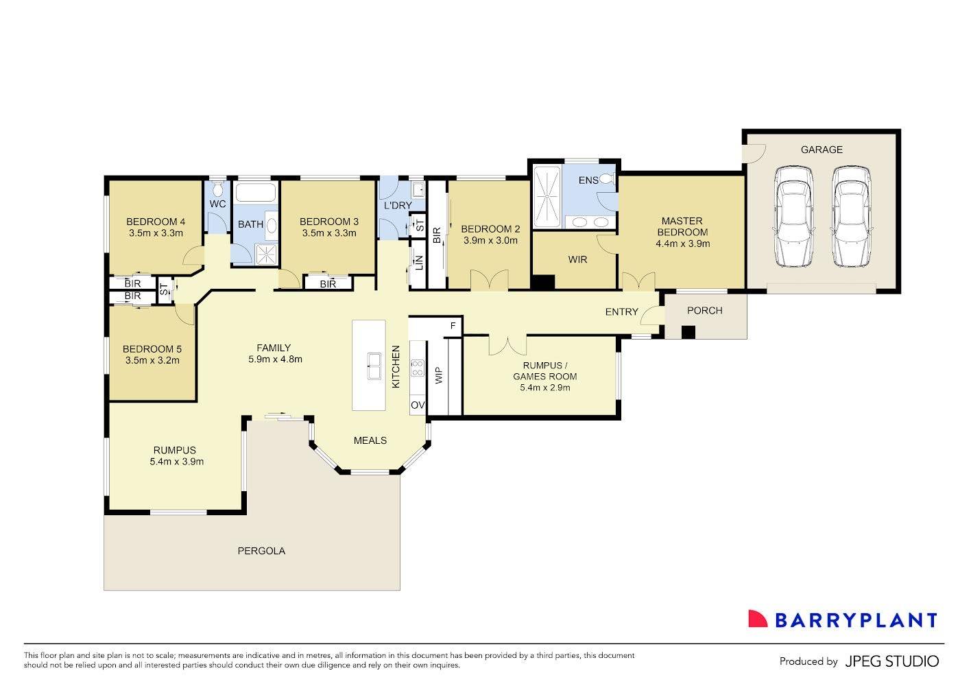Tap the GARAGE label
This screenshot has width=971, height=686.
pos(821,150)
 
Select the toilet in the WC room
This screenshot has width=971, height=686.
pos(217,189)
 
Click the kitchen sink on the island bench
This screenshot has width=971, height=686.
pos(374,366)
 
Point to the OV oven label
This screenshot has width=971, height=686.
pos(417,405)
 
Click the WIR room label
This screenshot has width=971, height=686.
pos(577,260)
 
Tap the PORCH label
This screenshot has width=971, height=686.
pos(704,311)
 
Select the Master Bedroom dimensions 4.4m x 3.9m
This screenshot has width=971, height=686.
pos(682,244)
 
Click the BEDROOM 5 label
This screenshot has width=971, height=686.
pos(152,348)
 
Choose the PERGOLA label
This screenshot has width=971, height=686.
pos(261,551)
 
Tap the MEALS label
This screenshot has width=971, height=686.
pos(370,440)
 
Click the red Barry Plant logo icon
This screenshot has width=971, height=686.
pos(757,619)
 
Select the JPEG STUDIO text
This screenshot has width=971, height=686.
pos(891,661)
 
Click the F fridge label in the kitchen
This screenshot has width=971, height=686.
pos(453,326)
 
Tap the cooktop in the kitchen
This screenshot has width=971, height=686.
pos(417,368)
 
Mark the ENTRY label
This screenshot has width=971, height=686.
pos(621,312)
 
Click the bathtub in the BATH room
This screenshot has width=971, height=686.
pos(256,192)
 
